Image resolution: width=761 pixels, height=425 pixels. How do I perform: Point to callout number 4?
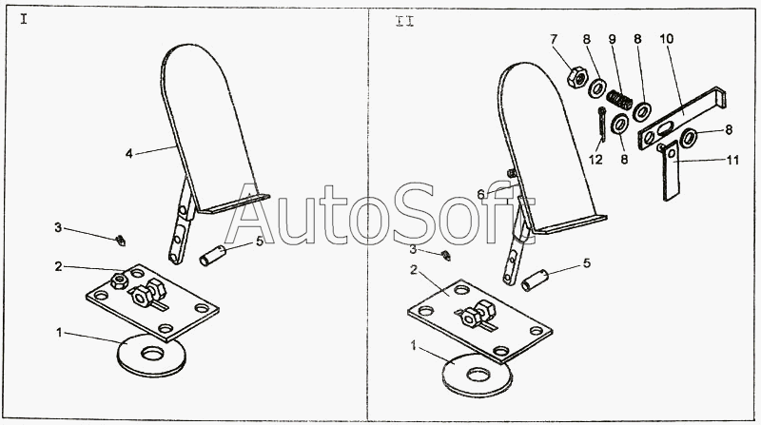[127, 151]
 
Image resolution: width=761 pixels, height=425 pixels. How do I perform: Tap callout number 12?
[595, 159]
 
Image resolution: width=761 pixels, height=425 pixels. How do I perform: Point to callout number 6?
[481, 194]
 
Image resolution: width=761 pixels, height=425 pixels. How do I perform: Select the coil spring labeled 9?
[622, 98]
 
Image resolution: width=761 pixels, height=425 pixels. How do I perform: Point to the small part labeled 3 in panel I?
[121, 239]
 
